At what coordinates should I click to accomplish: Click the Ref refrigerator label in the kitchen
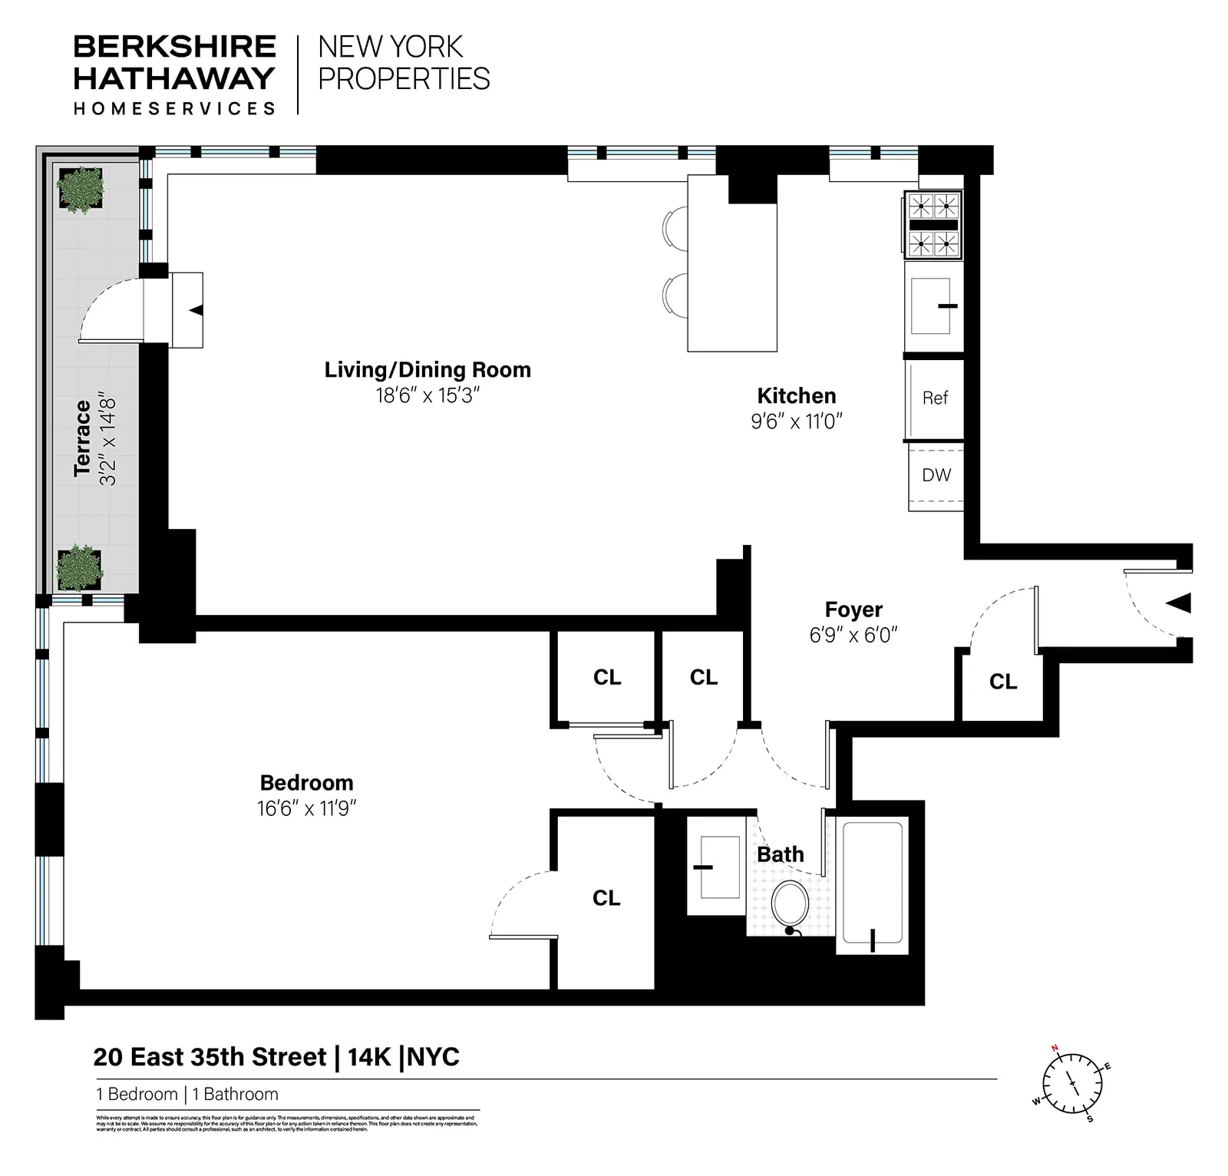tap(935, 398)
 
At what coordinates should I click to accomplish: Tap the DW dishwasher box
tap(936, 475)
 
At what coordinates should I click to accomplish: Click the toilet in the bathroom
tap(790, 904)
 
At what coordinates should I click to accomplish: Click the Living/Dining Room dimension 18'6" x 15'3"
tap(427, 395)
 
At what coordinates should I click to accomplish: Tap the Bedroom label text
tap(306, 783)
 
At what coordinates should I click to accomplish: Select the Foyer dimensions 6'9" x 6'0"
tap(853, 635)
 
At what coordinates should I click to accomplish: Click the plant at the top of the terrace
tap(81, 190)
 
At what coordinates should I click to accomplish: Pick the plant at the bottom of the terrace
tap(79, 567)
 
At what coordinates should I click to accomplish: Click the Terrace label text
tap(83, 438)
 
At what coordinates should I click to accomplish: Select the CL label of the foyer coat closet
tap(1002, 682)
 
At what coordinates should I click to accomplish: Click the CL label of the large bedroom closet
tap(606, 898)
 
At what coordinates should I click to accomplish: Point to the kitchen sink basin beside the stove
tap(930, 306)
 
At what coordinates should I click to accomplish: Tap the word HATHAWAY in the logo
tap(174, 78)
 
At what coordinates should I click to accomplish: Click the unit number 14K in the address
tap(369, 1057)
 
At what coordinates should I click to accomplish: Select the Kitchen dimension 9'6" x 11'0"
tap(796, 421)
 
